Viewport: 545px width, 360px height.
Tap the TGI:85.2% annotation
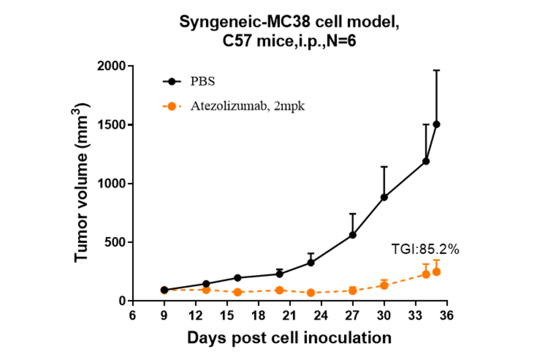[426, 248]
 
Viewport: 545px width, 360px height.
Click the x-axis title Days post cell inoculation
[289, 337]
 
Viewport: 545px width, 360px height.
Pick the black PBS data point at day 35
[437, 124]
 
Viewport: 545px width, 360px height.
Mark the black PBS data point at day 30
[384, 197]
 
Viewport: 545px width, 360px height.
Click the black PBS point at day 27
[352, 235]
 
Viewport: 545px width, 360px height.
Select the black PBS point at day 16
[237, 278]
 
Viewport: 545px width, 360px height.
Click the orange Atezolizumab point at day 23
[311, 293]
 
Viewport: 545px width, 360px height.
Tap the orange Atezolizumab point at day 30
[384, 285]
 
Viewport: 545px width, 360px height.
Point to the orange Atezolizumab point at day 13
[206, 290]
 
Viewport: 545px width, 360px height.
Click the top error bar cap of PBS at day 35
[437, 70]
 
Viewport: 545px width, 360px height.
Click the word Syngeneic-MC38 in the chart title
[228, 22]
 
